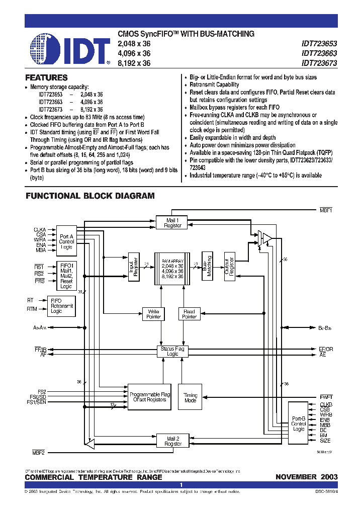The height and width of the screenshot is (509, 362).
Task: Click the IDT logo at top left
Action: [69, 50]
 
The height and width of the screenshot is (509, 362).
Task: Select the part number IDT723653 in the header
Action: [319, 43]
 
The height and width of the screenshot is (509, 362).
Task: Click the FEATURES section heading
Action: [46, 78]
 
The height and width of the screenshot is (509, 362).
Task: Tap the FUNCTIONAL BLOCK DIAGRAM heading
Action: [90, 196]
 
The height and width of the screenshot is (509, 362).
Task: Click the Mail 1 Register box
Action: [172, 223]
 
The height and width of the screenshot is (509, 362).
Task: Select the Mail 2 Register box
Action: [173, 441]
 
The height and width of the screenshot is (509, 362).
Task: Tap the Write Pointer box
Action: [153, 314]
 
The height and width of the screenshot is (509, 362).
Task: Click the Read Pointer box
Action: [189, 314]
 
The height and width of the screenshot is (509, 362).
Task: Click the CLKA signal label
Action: [40, 229]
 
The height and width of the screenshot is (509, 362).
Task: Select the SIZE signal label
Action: [326, 441]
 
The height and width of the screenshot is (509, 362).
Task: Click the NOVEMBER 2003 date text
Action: [306, 477]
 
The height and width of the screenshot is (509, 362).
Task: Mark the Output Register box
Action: [229, 266]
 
